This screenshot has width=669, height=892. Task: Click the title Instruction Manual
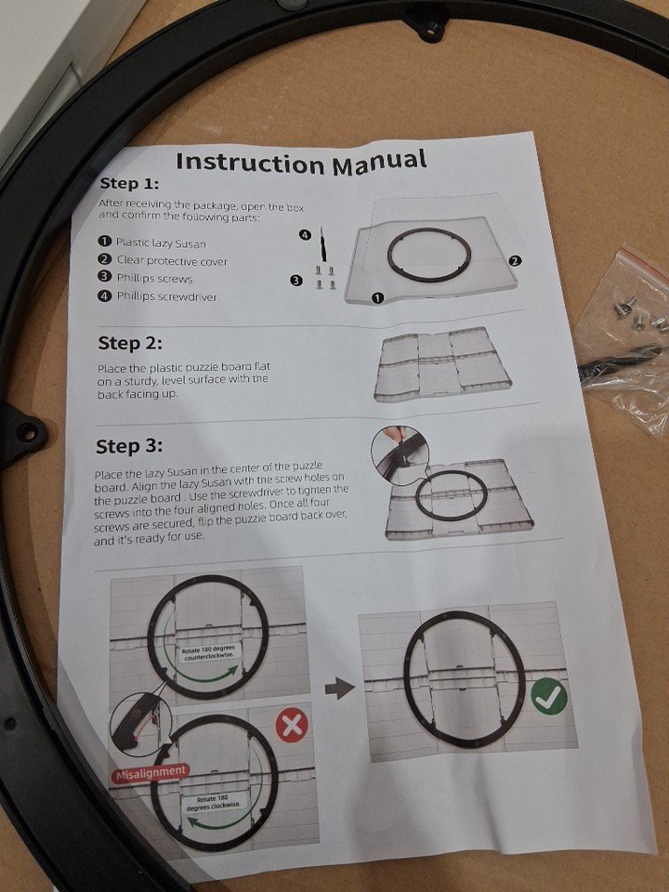(301, 162)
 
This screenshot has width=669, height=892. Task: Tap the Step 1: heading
(129, 184)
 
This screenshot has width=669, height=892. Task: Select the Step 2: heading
(130, 343)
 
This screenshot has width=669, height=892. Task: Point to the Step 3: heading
(129, 447)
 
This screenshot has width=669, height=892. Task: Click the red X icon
(292, 726)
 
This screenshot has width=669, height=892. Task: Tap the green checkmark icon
(549, 698)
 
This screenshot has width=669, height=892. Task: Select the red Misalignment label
(150, 774)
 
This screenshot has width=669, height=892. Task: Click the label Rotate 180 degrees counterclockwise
(208, 653)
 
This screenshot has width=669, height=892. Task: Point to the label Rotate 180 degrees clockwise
(213, 802)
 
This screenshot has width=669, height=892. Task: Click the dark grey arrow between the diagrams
(340, 689)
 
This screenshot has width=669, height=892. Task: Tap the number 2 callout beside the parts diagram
(515, 261)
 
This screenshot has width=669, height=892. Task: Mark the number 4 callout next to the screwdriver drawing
(306, 234)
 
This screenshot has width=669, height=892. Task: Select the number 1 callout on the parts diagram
(378, 297)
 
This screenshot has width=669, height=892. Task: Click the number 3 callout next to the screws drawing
(295, 280)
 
